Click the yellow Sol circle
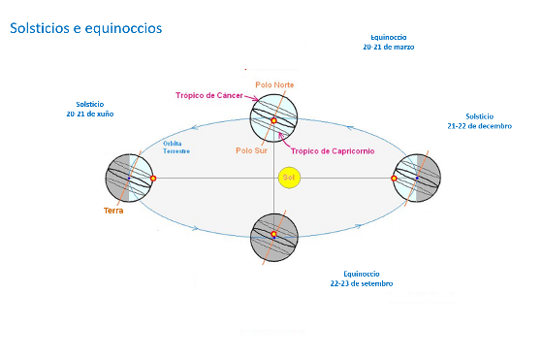288,179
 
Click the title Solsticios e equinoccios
85,28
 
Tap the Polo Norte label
274,85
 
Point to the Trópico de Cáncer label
208,95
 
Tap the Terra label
112,210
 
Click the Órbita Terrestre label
176,147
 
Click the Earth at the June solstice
130,178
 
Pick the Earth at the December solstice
417,178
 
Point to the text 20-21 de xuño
89,114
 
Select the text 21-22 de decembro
480,126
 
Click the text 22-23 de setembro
360,283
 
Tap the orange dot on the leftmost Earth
152,178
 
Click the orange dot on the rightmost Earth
395,178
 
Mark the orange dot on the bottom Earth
273,234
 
